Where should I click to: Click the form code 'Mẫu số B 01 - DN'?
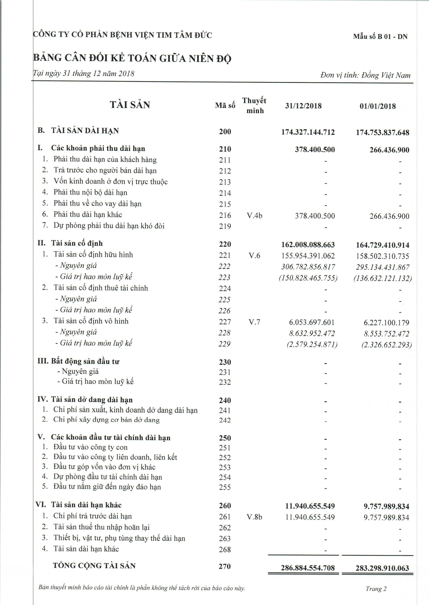click(380, 37)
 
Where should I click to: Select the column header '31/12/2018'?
click(303, 106)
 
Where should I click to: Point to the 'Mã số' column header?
click(225, 105)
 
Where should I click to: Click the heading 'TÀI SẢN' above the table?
click(130, 105)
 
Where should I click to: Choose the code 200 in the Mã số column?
click(225, 132)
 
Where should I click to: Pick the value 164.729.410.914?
click(382, 245)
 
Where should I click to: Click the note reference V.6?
click(254, 255)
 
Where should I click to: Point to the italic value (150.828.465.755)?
click(308, 278)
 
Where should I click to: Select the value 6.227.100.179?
click(386, 322)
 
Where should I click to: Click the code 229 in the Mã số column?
click(225, 344)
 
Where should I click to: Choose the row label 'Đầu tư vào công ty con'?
click(90, 447)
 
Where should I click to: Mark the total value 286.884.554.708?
click(308, 568)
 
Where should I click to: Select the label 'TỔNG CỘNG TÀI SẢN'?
click(94, 566)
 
